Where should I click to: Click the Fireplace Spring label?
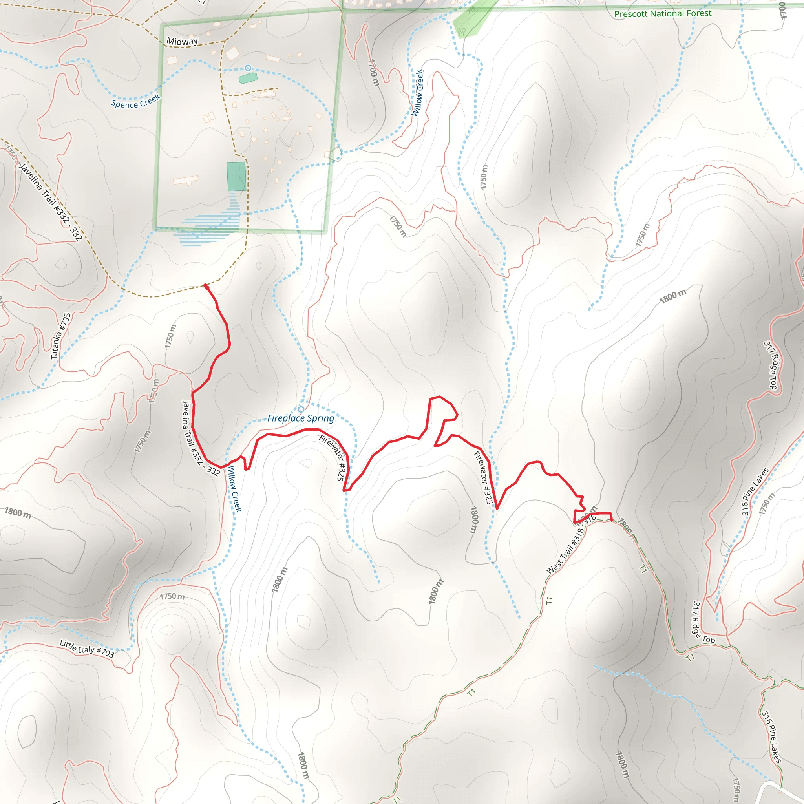(300, 418)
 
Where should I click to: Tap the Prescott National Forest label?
(663, 14)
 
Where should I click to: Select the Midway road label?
(182, 41)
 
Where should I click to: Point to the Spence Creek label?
(136, 102)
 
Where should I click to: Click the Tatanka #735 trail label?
(61, 336)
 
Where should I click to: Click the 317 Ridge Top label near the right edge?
(770, 365)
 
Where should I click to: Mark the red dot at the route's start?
(206, 286)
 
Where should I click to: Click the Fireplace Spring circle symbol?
(301, 409)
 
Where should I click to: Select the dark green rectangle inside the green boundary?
(236, 176)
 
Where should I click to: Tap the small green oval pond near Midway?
(248, 78)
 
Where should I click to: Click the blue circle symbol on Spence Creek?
(248, 68)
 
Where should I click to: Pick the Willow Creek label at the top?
(418, 93)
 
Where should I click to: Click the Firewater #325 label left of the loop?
(333, 457)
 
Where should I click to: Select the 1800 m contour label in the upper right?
(672, 296)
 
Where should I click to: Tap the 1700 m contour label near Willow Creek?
(374, 73)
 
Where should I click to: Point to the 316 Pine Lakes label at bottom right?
(771, 737)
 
